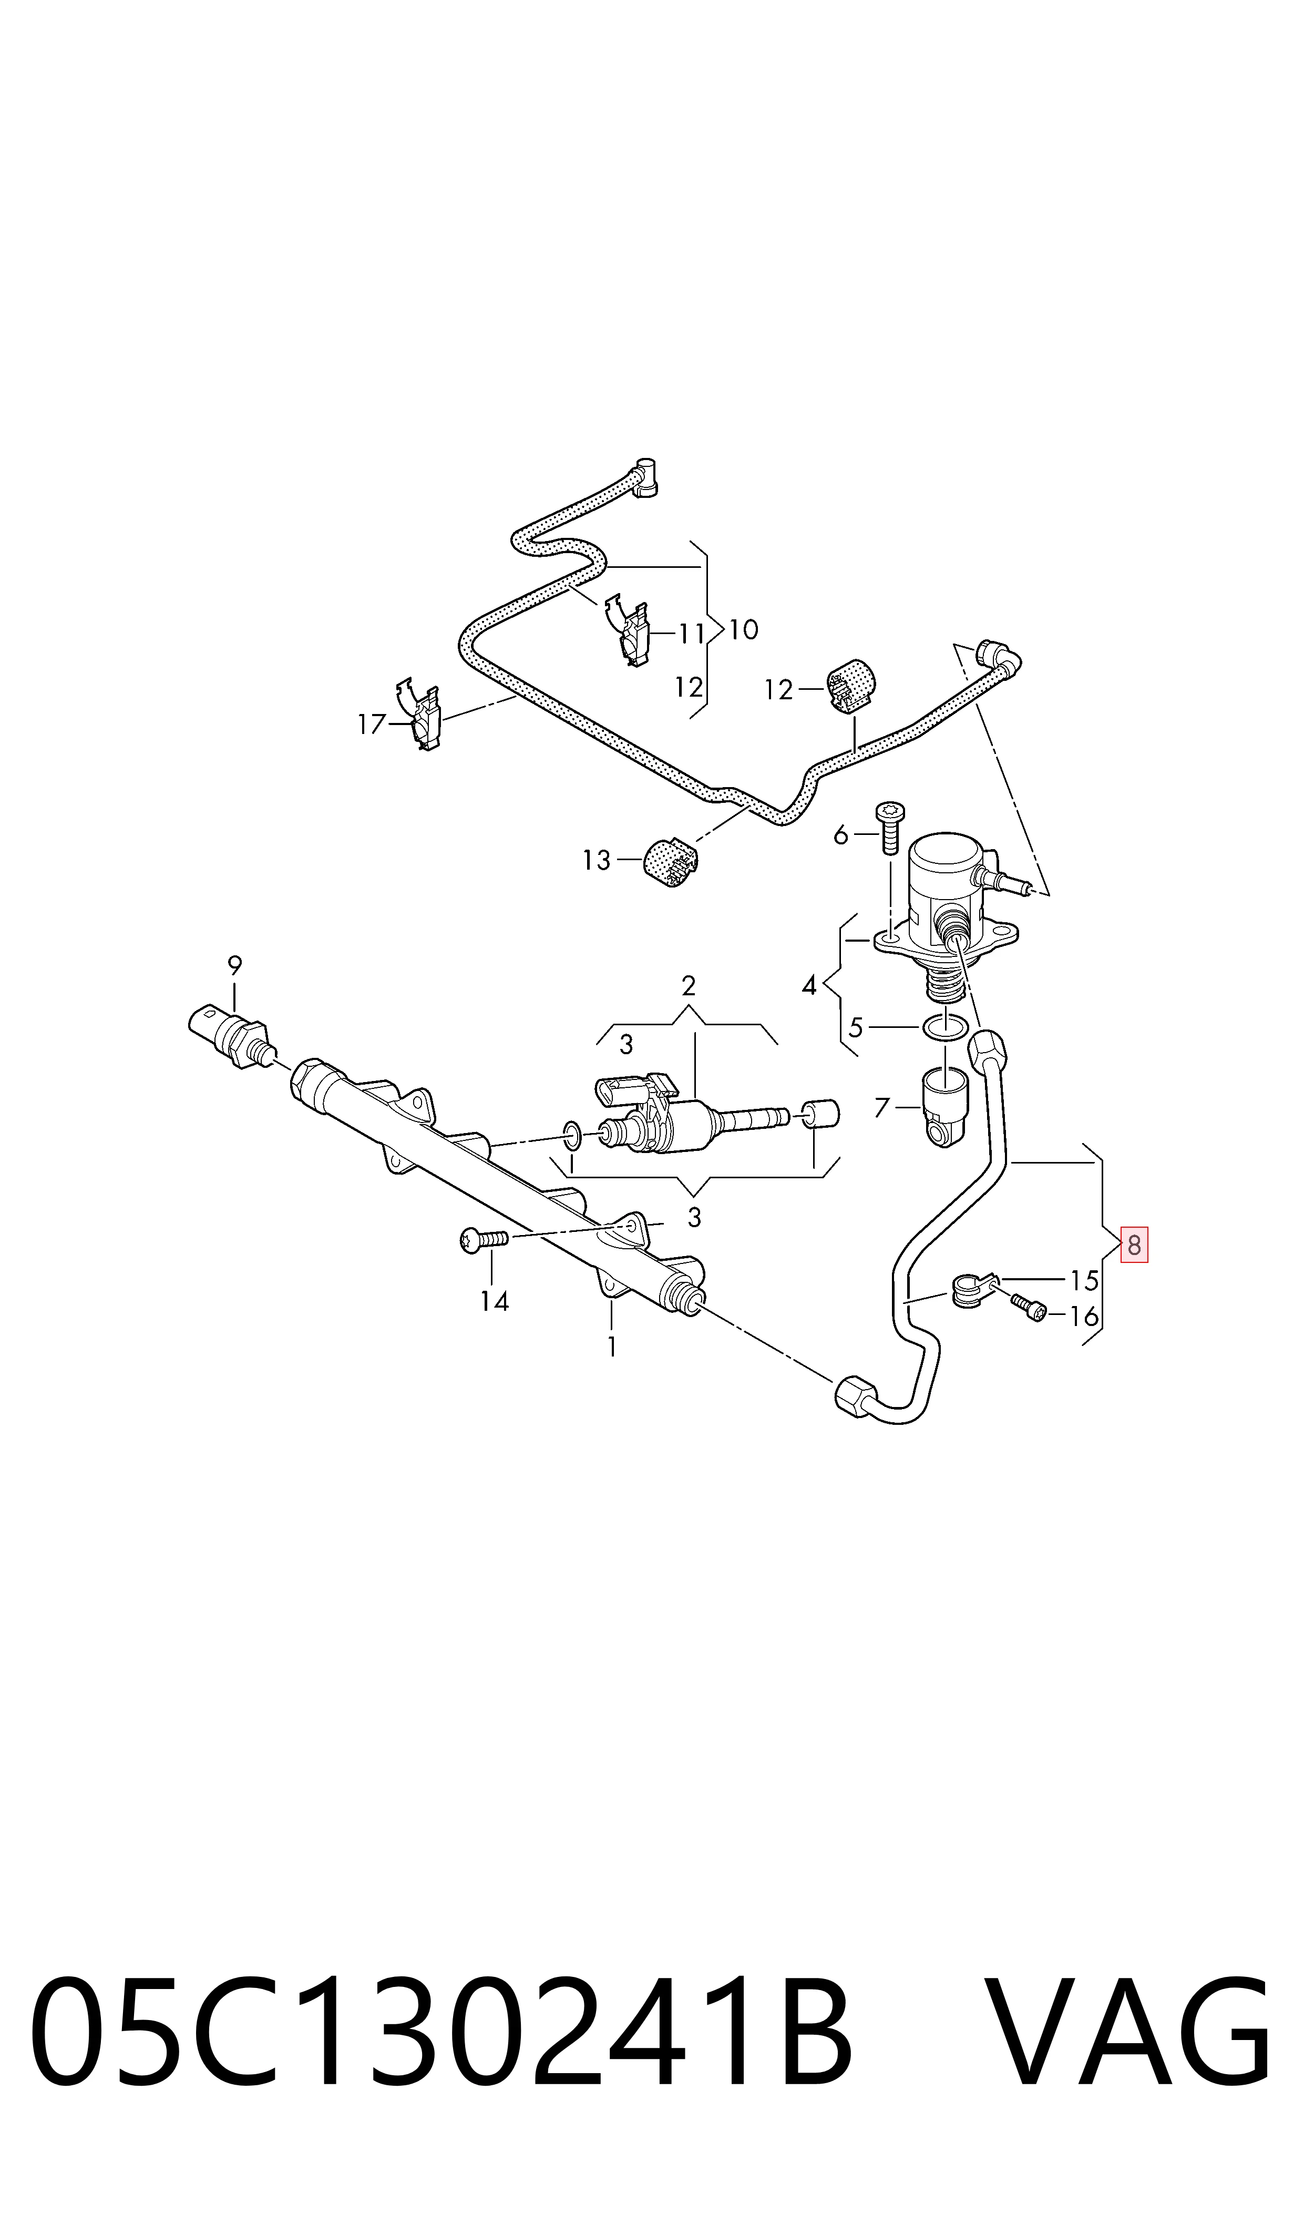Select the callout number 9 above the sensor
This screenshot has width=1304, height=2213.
[234, 965]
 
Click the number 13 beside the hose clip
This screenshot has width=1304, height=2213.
[596, 860]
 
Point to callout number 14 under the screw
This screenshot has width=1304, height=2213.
[494, 1301]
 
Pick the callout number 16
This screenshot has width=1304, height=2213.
[1084, 1315]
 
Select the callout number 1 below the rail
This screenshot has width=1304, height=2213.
[612, 1347]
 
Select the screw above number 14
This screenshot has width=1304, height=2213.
[484, 1240]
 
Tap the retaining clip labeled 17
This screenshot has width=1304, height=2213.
[422, 713]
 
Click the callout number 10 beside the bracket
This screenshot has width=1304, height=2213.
[743, 629]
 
